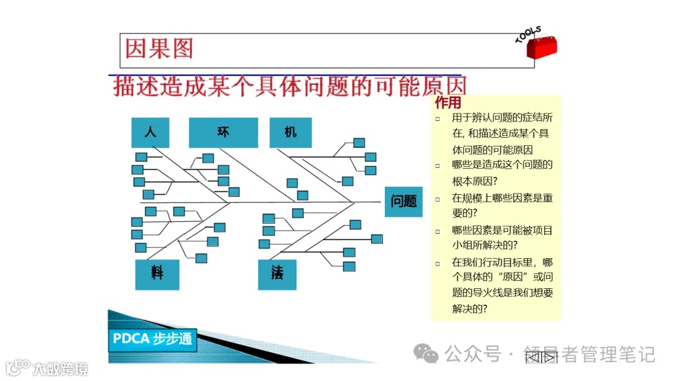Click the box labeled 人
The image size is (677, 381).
click(x=150, y=132)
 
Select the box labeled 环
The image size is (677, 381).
click(x=223, y=132)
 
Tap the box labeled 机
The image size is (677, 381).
click(x=290, y=132)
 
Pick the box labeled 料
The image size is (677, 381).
click(x=157, y=274)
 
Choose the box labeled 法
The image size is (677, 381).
click(x=277, y=274)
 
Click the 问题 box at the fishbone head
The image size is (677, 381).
click(x=404, y=201)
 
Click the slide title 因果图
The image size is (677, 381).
click(x=159, y=49)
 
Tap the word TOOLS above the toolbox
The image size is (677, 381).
click(x=528, y=34)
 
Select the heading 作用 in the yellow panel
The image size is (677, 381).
click(x=448, y=103)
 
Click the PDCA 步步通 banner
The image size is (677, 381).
click(x=152, y=339)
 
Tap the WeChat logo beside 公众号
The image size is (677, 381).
click(x=429, y=355)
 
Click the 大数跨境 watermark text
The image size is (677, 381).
click(x=60, y=368)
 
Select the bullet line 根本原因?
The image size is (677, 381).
click(x=475, y=181)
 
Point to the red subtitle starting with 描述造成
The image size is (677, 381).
click(x=290, y=86)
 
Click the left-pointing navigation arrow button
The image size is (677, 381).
click(x=533, y=358)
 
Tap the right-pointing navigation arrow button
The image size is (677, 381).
click(x=548, y=358)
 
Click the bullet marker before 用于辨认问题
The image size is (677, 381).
click(x=438, y=118)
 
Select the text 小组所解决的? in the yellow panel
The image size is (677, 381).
click(x=485, y=245)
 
